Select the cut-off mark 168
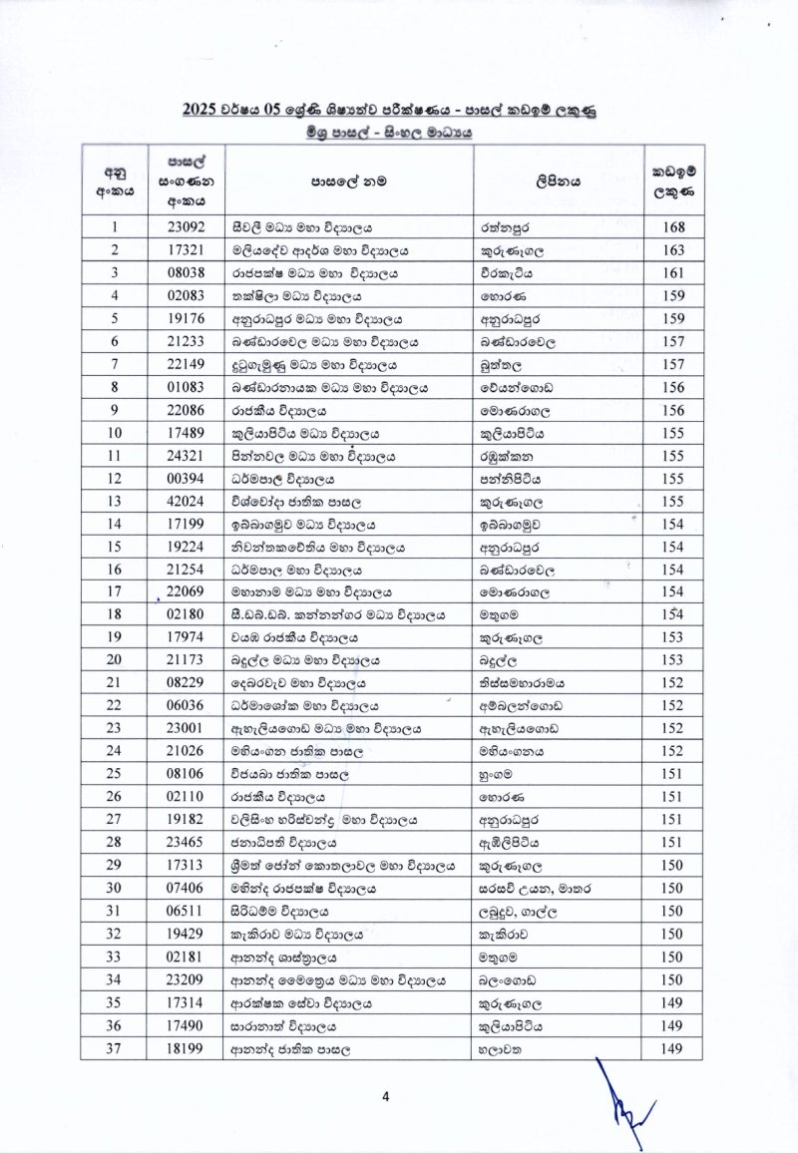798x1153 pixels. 671,226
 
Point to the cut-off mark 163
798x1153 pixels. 671,249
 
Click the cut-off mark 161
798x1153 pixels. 671,272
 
